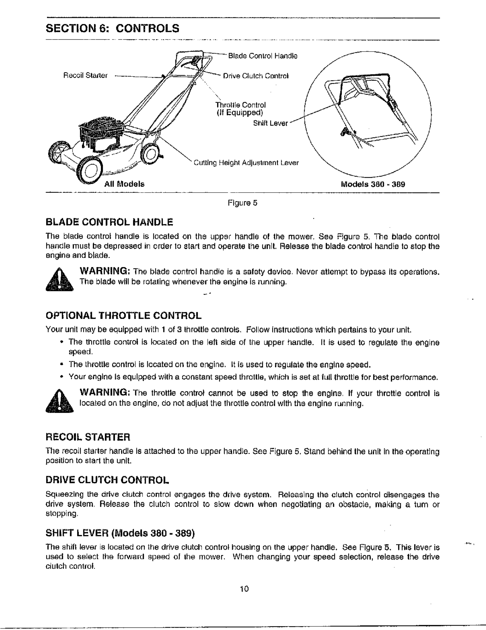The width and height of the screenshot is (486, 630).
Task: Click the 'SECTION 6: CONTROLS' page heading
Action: tap(112, 28)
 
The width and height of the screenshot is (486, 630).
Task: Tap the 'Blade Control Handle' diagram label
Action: tap(263, 56)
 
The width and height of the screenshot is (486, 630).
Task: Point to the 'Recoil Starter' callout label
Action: tap(85, 76)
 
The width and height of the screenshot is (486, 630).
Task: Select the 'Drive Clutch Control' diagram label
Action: tap(256, 76)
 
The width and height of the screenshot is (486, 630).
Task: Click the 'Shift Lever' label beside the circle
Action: tap(270, 124)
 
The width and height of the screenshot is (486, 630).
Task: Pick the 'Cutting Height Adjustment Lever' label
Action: tap(246, 163)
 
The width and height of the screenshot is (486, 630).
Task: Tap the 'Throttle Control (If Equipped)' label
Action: tap(240, 109)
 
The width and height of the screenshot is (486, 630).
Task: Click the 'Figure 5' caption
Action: tap(242, 203)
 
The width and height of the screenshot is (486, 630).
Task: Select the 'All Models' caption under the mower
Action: tap(124, 184)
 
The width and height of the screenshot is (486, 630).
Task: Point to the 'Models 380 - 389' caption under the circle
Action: tap(373, 184)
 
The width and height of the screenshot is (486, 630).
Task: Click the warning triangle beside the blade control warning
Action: tap(59, 280)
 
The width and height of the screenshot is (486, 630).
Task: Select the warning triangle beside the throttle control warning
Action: tap(59, 401)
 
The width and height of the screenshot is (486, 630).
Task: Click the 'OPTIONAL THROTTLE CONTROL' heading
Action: tap(123, 316)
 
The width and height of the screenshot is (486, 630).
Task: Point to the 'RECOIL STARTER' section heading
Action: tap(88, 437)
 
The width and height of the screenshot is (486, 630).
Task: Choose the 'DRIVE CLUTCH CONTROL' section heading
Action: tap(107, 480)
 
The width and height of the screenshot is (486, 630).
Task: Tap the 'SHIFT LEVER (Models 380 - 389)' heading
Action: tap(120, 533)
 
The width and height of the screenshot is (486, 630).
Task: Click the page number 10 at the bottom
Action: tap(244, 589)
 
